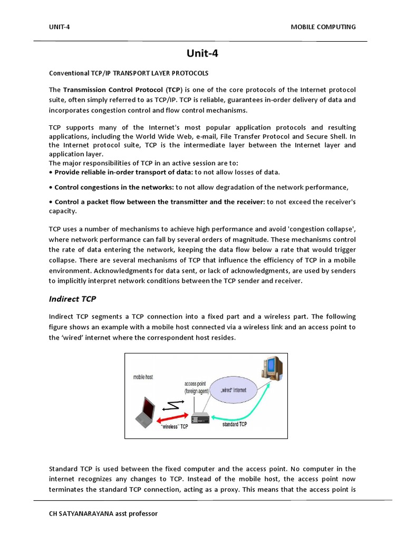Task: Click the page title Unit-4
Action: (202, 53)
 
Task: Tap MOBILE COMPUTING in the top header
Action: (323, 27)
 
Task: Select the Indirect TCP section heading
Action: (72, 299)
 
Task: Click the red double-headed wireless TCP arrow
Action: (176, 418)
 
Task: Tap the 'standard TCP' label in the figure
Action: (235, 424)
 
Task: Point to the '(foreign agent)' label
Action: (198, 391)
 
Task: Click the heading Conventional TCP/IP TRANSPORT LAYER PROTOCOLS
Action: (129, 72)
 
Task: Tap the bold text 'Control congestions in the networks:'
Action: (114, 187)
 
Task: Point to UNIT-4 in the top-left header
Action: (59, 27)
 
